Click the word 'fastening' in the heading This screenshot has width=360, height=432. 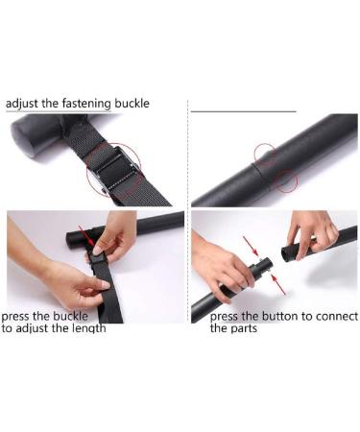86,104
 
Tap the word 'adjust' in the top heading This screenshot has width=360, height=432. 22,105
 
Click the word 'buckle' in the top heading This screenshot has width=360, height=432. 132,104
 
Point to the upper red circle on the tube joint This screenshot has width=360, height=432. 265,155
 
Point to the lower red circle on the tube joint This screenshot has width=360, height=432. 287,181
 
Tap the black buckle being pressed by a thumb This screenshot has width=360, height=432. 98,257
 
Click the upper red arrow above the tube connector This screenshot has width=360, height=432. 251,246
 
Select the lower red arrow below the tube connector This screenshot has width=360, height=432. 278,284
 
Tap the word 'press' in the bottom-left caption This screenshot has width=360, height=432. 15,317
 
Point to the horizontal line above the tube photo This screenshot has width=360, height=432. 244,111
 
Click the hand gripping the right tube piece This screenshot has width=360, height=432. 312,233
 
